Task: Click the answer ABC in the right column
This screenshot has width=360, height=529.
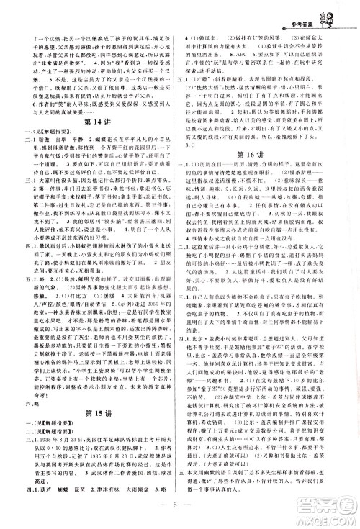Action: tap(253, 53)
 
